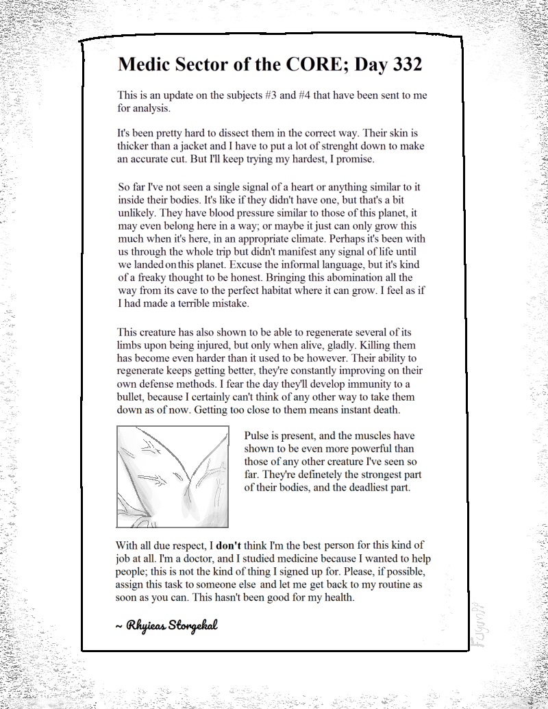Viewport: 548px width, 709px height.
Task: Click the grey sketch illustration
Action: coord(173,477)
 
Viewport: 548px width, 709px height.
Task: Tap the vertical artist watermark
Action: coord(477,631)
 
